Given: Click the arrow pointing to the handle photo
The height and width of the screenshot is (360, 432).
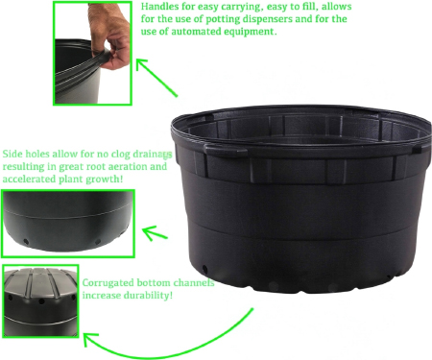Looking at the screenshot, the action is pos(156,77).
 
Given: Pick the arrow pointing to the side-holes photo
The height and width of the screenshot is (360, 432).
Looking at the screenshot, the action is pos(155,233).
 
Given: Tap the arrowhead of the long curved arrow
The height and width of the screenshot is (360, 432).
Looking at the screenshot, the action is pos(89,339).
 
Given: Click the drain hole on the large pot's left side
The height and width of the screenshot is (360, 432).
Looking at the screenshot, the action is pos(204,269).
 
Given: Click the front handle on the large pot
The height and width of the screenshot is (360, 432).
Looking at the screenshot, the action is pos(226,149).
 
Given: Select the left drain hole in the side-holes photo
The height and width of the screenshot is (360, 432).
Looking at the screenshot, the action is pos(26,242).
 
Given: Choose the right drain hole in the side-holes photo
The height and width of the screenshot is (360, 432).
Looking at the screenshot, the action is pos(98,242).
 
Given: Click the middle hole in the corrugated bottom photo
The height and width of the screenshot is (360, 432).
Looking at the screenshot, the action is pos(41,301).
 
